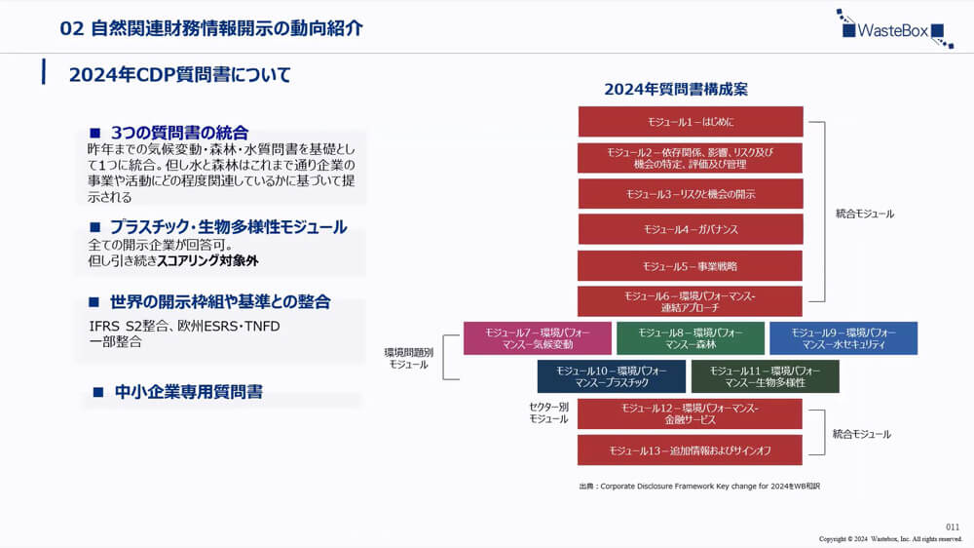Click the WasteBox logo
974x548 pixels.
(893, 28)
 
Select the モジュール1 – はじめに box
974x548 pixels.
(691, 122)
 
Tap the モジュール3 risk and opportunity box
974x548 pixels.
(691, 194)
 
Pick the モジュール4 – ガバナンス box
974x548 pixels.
(691, 229)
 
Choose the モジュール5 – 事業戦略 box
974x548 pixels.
(691, 265)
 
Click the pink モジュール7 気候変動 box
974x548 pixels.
(538, 338)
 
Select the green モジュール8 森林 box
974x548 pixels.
(691, 338)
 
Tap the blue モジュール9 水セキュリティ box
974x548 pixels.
(843, 338)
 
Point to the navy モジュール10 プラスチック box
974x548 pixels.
(611, 376)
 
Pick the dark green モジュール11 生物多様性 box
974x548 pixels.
(765, 376)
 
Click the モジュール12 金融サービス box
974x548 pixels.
(691, 413)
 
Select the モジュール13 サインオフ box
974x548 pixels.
(691, 450)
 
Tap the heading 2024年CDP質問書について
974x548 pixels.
(180, 75)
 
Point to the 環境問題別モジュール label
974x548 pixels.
(409, 357)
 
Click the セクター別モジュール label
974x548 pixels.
(548, 412)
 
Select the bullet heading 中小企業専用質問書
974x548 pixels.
(189, 392)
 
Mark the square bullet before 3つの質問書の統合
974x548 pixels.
(95, 133)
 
